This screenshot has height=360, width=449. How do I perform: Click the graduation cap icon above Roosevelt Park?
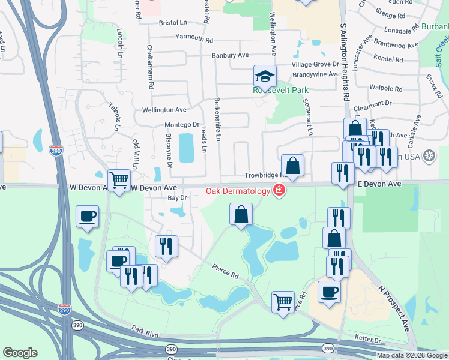tap(265, 77)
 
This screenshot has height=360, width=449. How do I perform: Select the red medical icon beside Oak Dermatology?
tap(279, 191)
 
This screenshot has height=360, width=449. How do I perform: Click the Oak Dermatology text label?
tap(238, 191)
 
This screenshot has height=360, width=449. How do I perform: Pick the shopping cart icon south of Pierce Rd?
tap(283, 302)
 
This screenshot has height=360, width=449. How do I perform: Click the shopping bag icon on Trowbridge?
tap(292, 166)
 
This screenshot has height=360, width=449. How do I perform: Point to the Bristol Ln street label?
tap(173, 22)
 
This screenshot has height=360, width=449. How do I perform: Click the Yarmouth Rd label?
tap(194, 40)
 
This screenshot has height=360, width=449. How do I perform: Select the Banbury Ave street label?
tap(230, 55)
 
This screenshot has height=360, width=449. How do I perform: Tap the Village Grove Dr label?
tap(315, 64)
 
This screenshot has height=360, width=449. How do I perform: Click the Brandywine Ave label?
tap(313, 75)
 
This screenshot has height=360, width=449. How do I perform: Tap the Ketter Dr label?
tap(369, 340)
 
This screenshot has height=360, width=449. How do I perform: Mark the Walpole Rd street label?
tap(385, 88)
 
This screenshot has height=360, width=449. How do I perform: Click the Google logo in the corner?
tap(20, 353)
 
